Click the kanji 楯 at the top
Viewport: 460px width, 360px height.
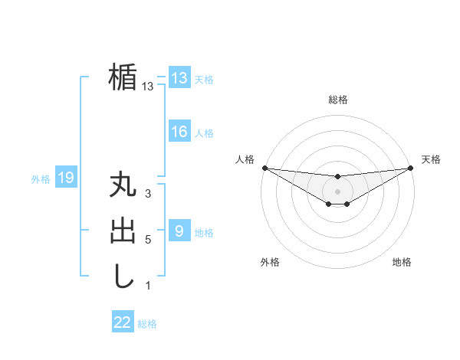point(123,77)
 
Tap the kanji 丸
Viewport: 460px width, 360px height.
point(123,186)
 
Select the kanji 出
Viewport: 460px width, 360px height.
point(123,231)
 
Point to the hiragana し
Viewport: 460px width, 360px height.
point(123,275)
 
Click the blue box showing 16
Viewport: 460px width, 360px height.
point(179,132)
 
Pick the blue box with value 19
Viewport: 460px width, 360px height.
point(66,178)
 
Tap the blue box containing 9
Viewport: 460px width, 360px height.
point(179,231)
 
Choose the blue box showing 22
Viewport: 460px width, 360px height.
point(123,322)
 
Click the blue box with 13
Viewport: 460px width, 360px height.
point(179,78)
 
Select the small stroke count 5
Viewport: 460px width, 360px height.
point(148,239)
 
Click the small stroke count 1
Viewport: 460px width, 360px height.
point(148,286)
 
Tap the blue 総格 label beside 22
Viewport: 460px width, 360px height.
point(147,324)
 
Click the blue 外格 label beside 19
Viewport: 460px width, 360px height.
point(41,179)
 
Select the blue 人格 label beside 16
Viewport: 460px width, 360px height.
point(204,133)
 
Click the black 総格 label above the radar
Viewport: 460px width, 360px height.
point(337,100)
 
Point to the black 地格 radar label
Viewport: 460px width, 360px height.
point(402,262)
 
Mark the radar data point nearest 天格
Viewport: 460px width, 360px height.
point(411,168)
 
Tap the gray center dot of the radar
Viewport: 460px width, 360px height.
point(337,191)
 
